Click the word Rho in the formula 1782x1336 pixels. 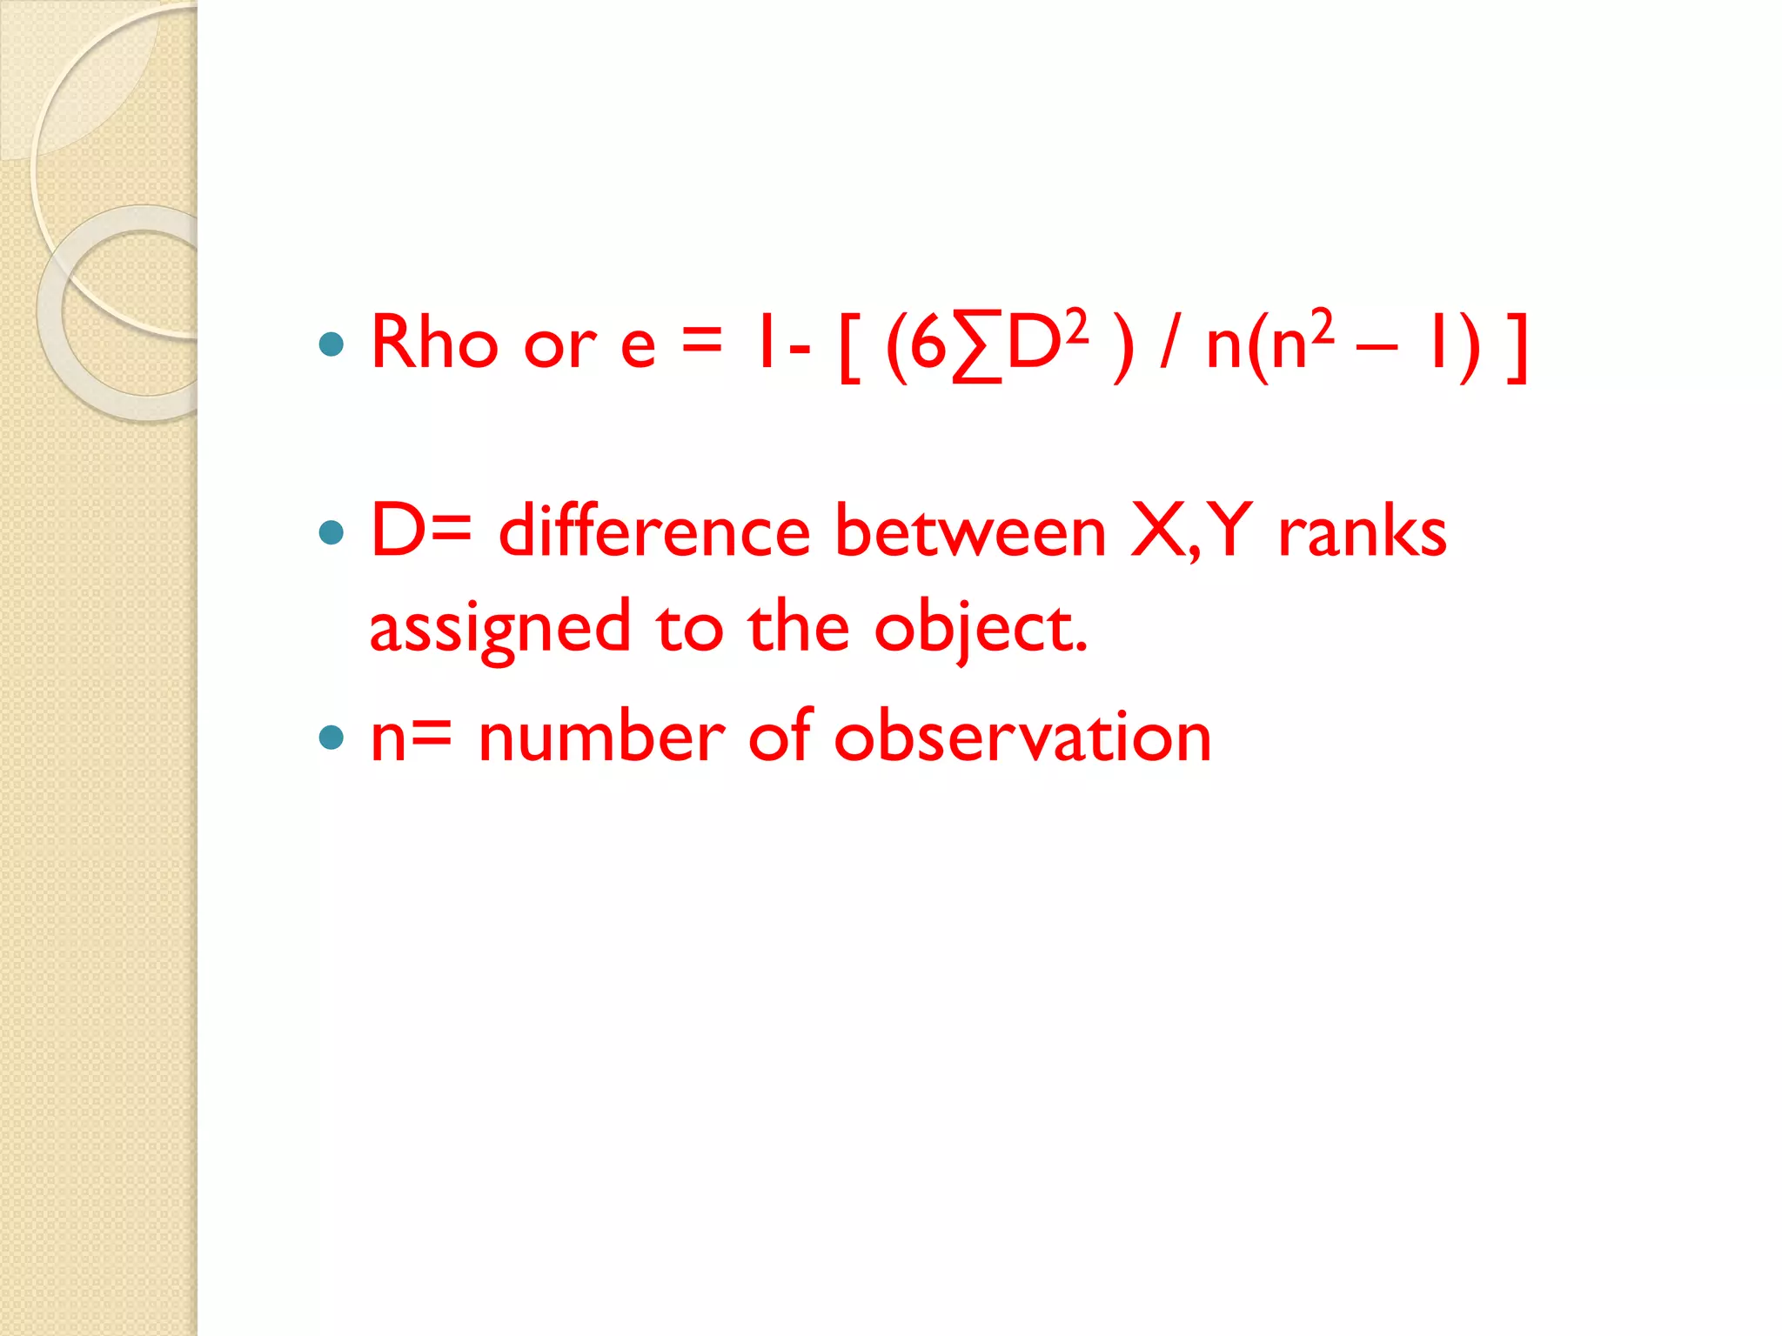point(434,343)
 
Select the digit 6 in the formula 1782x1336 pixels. point(928,344)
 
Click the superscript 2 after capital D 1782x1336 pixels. point(1076,326)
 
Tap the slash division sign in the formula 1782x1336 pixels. point(1169,345)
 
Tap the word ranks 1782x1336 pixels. point(1362,531)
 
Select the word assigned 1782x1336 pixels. point(499,629)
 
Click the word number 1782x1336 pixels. point(601,738)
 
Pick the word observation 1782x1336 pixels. point(1022,738)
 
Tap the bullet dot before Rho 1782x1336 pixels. point(332,344)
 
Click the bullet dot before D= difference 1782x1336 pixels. point(332,531)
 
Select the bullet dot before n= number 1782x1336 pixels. point(332,738)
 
